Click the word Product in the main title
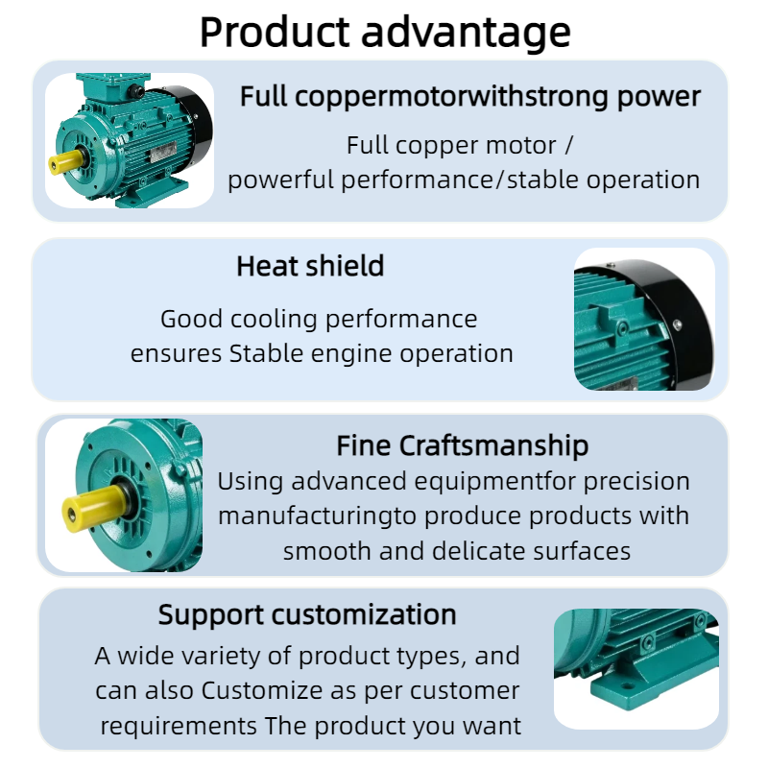pyautogui.click(x=275, y=33)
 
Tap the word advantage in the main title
pyautogui.click(x=466, y=35)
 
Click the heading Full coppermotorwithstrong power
pyautogui.click(x=470, y=97)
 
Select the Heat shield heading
pyautogui.click(x=310, y=267)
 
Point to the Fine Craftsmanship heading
pyautogui.click(x=463, y=446)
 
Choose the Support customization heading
pyautogui.click(x=307, y=615)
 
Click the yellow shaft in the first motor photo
pyautogui.click(x=65, y=161)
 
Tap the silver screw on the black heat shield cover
pyautogui.click(x=678, y=324)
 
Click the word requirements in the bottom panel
pyautogui.click(x=179, y=727)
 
